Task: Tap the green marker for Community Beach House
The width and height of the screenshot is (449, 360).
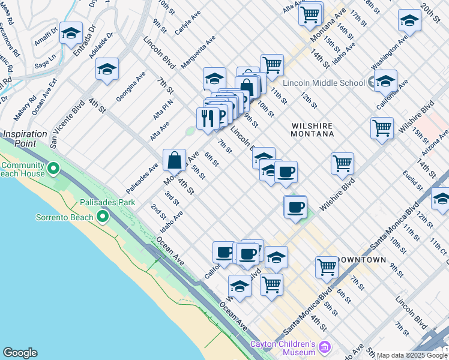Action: [x=55, y=170]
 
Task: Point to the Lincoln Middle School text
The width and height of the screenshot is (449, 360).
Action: [x=324, y=83]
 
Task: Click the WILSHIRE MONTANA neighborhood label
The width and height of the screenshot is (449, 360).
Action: [x=312, y=130]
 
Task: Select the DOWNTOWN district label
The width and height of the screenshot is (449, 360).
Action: [x=361, y=260]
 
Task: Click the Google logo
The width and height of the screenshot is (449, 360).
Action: [x=20, y=353]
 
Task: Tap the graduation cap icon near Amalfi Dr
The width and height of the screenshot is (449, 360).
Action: [x=71, y=33]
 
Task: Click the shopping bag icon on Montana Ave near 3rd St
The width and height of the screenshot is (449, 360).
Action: [x=174, y=160]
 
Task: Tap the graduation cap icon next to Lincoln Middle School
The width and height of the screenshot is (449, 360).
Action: [x=385, y=80]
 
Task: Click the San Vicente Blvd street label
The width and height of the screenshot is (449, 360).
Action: [x=67, y=124]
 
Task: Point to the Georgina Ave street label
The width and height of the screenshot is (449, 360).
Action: [x=131, y=86]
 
